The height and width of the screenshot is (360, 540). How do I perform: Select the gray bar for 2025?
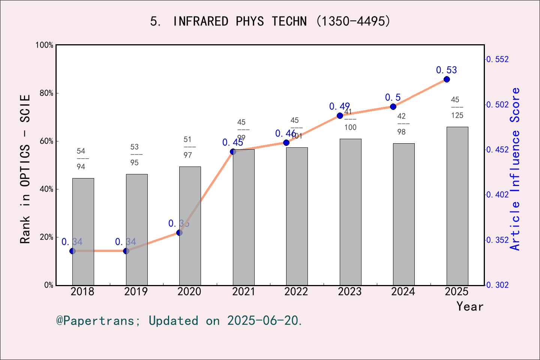pos(457,206)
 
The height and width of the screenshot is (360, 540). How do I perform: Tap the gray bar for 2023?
pos(351,212)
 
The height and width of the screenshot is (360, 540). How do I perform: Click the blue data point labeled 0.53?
pos(447,79)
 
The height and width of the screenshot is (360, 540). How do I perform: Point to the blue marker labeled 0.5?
pos(393,107)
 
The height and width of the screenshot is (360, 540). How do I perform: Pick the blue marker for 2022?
pos(286,142)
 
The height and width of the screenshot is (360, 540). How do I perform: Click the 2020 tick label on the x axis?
pos(189,292)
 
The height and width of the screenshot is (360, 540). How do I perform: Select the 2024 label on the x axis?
pos(403,292)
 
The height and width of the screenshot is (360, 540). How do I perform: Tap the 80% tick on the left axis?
pos(46,93)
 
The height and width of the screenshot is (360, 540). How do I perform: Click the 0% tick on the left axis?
pos(49,285)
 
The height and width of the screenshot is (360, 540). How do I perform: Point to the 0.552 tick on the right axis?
pos(498,59)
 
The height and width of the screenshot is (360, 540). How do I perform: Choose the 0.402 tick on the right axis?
pos(498,195)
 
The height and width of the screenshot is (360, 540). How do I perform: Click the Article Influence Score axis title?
pos(515,169)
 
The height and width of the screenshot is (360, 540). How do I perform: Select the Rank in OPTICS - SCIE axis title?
pos(25,169)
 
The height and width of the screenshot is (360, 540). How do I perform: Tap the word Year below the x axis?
pos(470,307)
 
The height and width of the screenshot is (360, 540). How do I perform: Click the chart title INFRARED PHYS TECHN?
pos(270,21)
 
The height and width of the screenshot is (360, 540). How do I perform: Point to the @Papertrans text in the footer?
pos(95,321)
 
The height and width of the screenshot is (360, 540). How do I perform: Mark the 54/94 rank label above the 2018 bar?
pos(81,159)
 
